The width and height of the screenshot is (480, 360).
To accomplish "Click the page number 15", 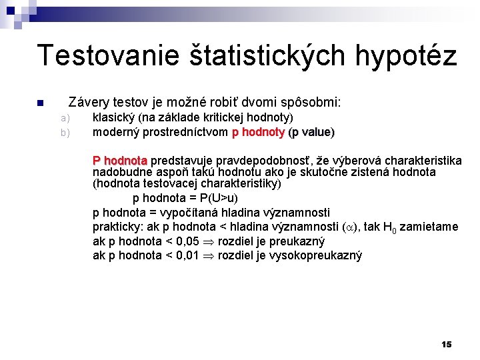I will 446,344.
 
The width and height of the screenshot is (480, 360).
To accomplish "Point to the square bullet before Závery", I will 39,103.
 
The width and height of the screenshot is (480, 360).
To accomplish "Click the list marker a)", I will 65,118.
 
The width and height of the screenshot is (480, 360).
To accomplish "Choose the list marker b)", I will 65,132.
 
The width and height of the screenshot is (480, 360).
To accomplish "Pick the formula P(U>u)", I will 219,198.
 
